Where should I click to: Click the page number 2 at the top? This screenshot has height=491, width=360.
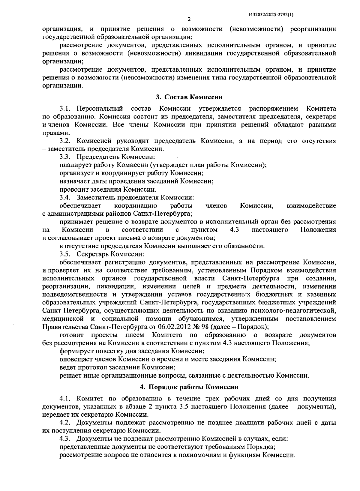click(189, 20)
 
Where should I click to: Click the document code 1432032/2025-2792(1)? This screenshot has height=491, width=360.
click(271, 14)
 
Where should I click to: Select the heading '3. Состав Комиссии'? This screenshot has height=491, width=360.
click(189, 97)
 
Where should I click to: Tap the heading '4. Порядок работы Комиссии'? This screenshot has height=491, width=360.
click(189, 387)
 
